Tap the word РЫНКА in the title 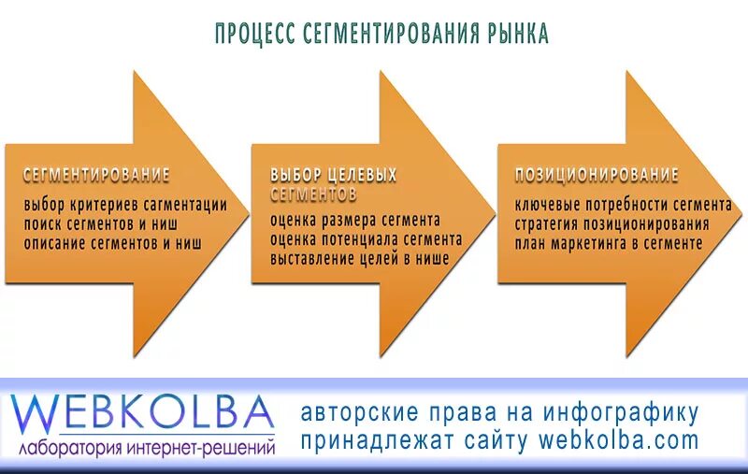(517, 34)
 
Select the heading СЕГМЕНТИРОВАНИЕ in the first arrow (96, 175)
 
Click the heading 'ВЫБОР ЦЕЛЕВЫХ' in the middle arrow (334, 175)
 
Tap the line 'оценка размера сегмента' (354, 221)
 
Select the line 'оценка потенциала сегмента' (366, 239)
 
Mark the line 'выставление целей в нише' (360, 258)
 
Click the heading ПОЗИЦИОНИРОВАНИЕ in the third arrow (597, 175)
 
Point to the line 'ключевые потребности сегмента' (623, 205)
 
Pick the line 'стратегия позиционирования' (611, 223)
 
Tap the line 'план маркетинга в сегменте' (608, 242)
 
